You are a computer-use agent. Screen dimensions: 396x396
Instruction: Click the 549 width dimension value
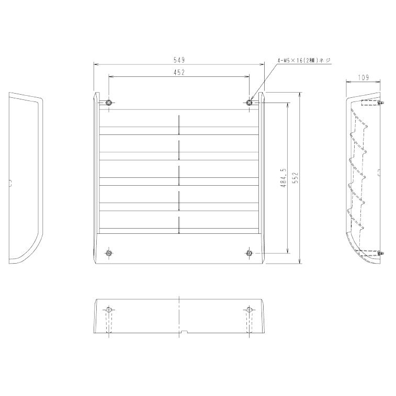pyautogui.click(x=179, y=61)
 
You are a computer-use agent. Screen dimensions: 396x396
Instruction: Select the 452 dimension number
pyautogui.click(x=179, y=73)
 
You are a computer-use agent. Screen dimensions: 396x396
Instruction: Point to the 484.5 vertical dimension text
pyautogui.click(x=283, y=178)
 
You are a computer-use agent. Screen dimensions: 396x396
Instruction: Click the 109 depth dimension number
pyautogui.click(x=364, y=77)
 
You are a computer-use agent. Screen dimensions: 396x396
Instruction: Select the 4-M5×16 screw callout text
pyautogui.click(x=304, y=61)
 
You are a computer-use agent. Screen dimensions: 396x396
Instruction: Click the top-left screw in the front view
pyautogui.click(x=108, y=103)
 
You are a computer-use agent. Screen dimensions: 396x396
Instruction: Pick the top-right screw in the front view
pyautogui.click(x=250, y=103)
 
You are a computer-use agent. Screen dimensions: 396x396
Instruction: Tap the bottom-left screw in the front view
pyautogui.click(x=108, y=253)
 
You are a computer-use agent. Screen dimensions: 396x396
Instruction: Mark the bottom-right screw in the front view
pyautogui.click(x=250, y=253)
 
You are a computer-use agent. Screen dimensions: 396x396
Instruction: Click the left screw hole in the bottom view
pyautogui.click(x=108, y=310)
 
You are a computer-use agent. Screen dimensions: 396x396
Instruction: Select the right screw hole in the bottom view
pyautogui.click(x=250, y=310)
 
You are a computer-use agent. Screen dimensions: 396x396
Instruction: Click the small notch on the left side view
pyautogui.click(x=10, y=183)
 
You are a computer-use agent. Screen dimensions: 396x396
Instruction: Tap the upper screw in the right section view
pyautogui.click(x=380, y=103)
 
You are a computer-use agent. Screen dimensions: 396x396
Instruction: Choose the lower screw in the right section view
pyautogui.click(x=380, y=254)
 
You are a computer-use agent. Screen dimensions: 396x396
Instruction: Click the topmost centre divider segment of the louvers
pyautogui.click(x=179, y=125)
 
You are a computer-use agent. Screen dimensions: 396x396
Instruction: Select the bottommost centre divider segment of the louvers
pyautogui.click(x=179, y=225)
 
